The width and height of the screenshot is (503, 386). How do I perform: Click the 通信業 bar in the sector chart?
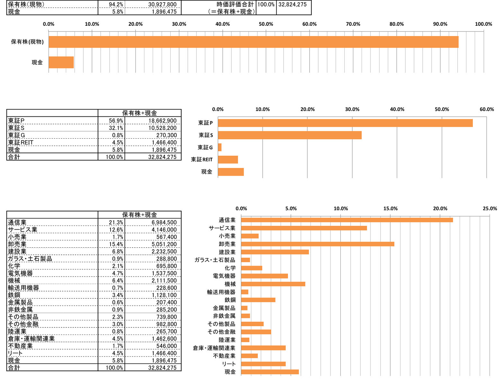click(346, 220)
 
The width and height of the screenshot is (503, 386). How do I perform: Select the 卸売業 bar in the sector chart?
click(318, 244)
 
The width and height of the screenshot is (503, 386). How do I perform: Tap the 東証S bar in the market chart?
click(290, 135)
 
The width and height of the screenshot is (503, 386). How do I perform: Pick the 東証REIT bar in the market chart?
click(228, 160)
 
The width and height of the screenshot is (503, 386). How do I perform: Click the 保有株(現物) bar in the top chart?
click(253, 42)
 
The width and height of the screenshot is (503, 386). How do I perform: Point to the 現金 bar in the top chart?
click(61, 62)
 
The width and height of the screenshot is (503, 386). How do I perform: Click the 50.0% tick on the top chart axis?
click(266, 24)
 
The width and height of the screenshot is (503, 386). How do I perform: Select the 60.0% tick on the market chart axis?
click(486, 109)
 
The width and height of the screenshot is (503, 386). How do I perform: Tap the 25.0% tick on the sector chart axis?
click(490, 208)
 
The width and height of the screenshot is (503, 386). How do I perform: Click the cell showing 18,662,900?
click(162, 121)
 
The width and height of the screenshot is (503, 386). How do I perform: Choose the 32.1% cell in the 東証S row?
click(116, 128)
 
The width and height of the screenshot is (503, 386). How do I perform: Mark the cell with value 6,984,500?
click(164, 222)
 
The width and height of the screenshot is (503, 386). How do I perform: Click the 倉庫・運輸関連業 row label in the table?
click(31, 339)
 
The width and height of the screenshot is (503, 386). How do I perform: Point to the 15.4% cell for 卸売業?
click(116, 244)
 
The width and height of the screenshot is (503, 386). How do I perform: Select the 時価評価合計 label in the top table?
click(235, 5)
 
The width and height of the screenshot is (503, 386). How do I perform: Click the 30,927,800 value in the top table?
click(162, 5)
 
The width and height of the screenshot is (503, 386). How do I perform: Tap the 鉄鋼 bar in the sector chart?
click(258, 300)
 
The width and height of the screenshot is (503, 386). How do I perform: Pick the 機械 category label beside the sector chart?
click(230, 284)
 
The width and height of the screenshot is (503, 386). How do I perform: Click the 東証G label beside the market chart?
click(205, 147)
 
